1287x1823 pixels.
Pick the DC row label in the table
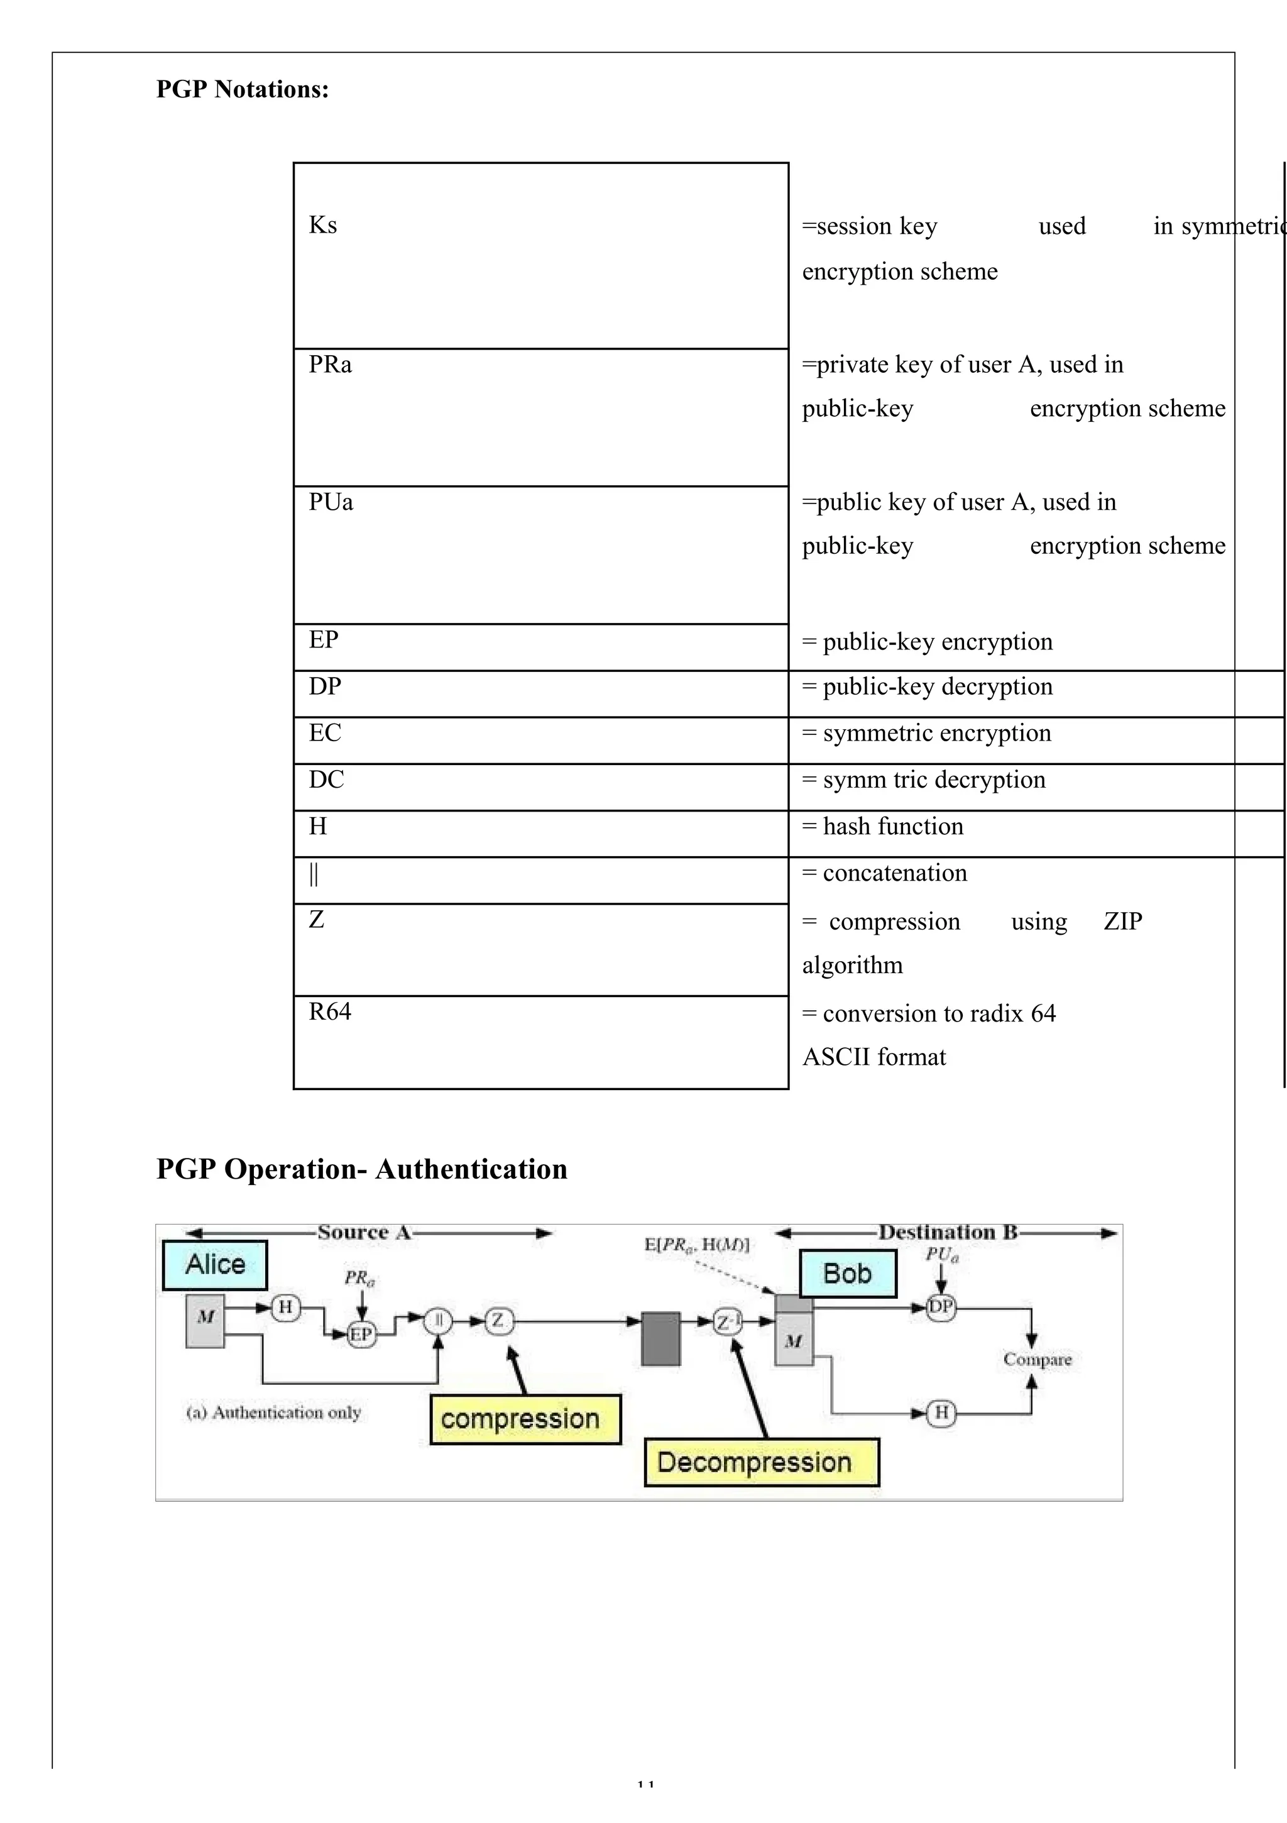coord(326,779)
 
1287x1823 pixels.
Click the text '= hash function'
coord(883,827)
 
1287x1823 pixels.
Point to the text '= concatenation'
coord(884,873)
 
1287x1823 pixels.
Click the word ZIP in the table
coord(1122,921)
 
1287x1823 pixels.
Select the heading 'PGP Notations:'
coord(242,89)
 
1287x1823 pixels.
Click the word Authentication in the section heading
coord(471,1169)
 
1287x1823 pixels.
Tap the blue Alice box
coord(215,1265)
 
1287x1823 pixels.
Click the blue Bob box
coord(847,1274)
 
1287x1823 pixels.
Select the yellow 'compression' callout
coord(525,1419)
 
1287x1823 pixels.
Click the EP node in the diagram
coord(361,1334)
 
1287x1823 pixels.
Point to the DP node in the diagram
coord(941,1307)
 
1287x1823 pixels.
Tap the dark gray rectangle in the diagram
coord(660,1339)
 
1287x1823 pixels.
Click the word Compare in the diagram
coord(1037,1359)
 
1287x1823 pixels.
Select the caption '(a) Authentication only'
coord(274,1413)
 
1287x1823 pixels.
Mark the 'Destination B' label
coord(947,1232)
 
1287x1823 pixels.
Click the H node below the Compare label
coord(941,1413)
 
